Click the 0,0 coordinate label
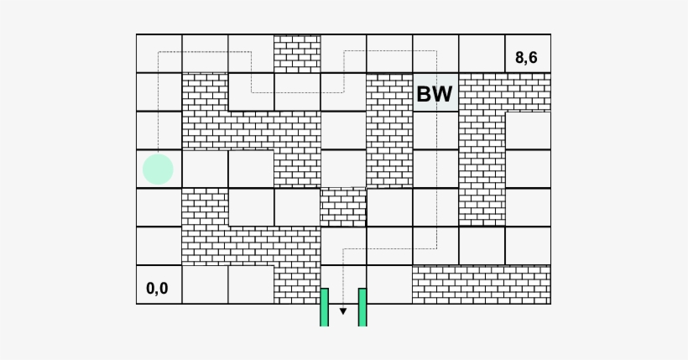(157, 289)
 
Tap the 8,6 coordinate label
(526, 58)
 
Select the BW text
(435, 93)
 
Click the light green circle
(158, 169)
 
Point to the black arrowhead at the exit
(343, 311)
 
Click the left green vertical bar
(324, 307)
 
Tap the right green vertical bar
(362, 307)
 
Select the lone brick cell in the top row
(298, 54)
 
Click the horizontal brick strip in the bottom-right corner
(482, 284)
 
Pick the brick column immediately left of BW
(389, 130)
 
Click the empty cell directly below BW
(435, 130)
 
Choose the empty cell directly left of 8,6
(482, 54)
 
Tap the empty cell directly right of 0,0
(205, 284)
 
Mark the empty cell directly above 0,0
(159, 246)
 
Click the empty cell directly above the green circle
(159, 130)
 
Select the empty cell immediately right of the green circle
(205, 169)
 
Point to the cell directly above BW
(435, 54)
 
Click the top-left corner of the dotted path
(158, 52)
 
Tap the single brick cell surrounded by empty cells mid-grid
(343, 207)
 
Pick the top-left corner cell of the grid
(159, 54)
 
